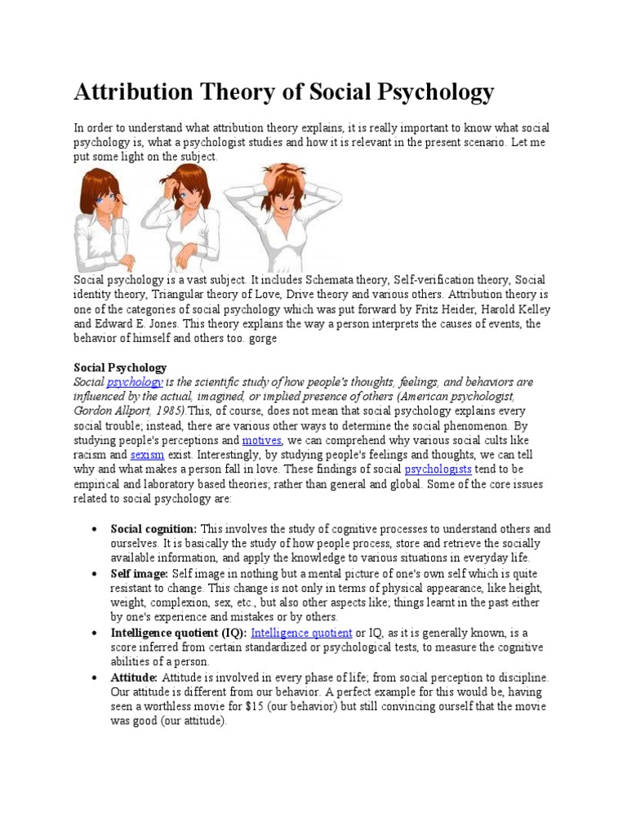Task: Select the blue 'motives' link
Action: (x=261, y=440)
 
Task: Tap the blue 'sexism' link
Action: (x=147, y=455)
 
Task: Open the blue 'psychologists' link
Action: (x=438, y=469)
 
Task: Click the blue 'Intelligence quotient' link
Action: (x=301, y=633)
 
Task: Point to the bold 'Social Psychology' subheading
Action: (x=120, y=367)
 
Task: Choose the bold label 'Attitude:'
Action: (x=135, y=678)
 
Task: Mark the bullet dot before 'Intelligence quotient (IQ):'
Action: (x=97, y=634)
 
